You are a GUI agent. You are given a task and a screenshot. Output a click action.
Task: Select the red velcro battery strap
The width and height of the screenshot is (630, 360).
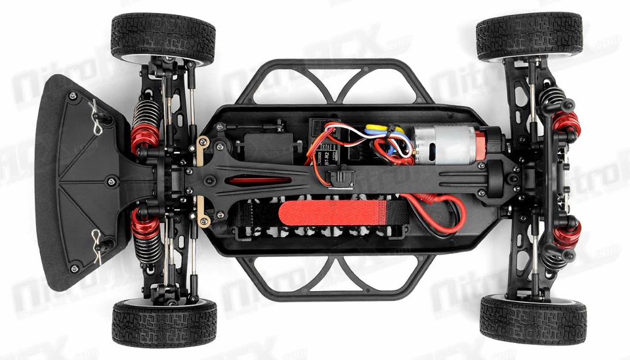[x=342, y=212]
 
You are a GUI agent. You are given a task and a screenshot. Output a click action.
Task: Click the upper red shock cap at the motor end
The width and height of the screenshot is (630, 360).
[x=565, y=121]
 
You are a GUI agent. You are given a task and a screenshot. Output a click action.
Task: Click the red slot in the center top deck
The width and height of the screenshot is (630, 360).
[x=262, y=180]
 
